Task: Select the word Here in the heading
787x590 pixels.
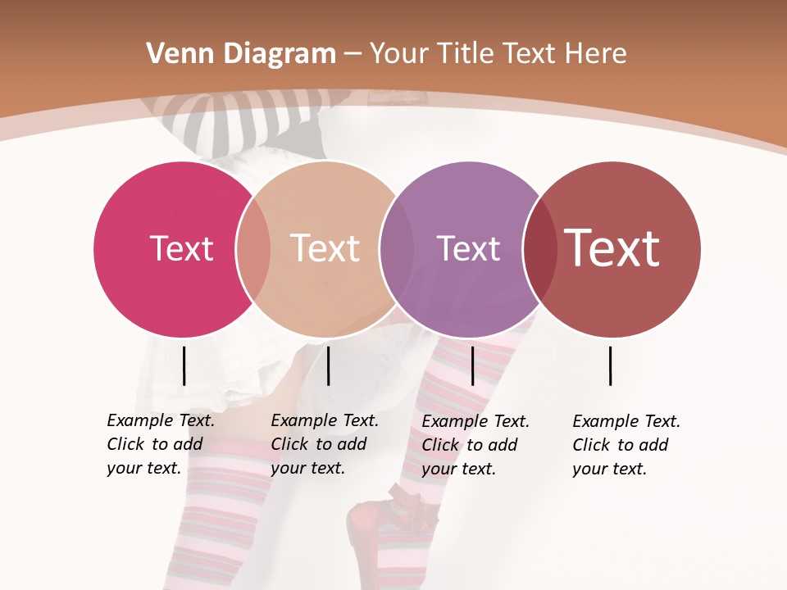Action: pyautogui.click(x=597, y=54)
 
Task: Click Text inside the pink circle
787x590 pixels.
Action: pyautogui.click(x=181, y=248)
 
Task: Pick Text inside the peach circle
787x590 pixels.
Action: pyautogui.click(x=325, y=248)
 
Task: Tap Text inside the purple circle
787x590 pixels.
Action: pyautogui.click(x=468, y=248)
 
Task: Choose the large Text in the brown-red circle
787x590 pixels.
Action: pyautogui.click(x=612, y=248)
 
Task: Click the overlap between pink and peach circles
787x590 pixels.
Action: pyautogui.click(x=253, y=249)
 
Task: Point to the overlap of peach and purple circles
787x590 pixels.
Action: pyautogui.click(x=397, y=249)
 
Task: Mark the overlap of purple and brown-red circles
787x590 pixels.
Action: pyautogui.click(x=539, y=249)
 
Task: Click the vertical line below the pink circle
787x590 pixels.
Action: pyautogui.click(x=184, y=365)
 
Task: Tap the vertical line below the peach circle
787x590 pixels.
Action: pyautogui.click(x=328, y=365)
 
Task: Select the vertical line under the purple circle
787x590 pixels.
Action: pyautogui.click(x=472, y=365)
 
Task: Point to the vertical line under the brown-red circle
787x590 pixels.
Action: pyautogui.click(x=610, y=365)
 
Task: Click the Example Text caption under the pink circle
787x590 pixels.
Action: pyautogui.click(x=161, y=444)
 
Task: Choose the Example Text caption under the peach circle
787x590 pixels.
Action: pyautogui.click(x=325, y=444)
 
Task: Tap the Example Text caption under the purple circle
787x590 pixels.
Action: pyautogui.click(x=475, y=445)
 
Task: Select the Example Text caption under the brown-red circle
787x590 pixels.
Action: pyautogui.click(x=626, y=445)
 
